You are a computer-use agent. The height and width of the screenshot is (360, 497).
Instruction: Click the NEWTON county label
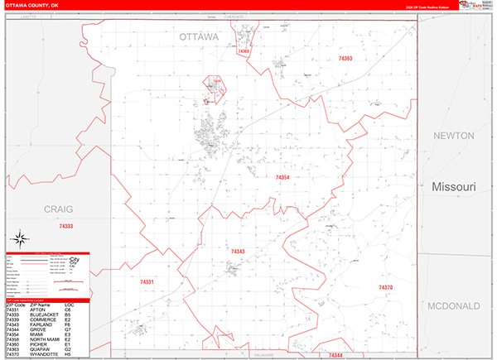click(451, 136)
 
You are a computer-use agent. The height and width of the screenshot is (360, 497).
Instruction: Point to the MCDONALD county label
click(454, 306)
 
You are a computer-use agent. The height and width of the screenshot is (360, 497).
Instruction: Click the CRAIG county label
click(59, 209)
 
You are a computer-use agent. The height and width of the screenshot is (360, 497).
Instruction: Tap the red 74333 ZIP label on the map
click(66, 226)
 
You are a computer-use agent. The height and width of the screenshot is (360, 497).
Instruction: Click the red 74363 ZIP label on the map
click(345, 59)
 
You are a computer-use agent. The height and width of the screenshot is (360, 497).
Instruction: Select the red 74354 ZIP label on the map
click(282, 177)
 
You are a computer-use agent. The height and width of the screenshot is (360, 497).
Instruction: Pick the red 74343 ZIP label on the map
click(238, 251)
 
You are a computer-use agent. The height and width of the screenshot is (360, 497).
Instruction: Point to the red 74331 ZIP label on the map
click(147, 282)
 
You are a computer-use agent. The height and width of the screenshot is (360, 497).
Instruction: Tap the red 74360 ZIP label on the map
click(244, 51)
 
